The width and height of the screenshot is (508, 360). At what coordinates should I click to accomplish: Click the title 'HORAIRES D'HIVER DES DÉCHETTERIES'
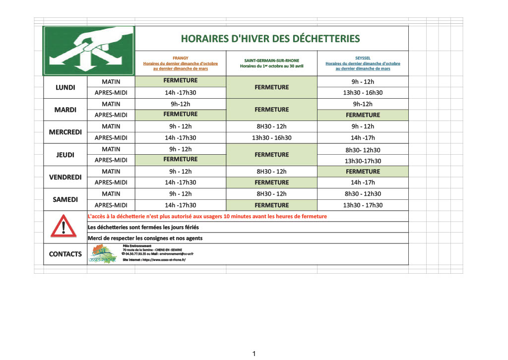(x=270, y=39)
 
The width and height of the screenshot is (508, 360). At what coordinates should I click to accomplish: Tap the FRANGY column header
(x=181, y=63)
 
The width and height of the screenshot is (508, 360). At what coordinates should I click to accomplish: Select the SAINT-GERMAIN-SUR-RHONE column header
(x=271, y=63)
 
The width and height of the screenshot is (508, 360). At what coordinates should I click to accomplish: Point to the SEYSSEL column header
(x=363, y=63)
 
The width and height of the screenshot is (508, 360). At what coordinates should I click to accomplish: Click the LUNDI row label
(x=65, y=87)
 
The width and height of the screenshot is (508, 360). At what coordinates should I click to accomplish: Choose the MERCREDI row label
(x=65, y=132)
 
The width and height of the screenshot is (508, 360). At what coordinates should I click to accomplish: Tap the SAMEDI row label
(x=65, y=199)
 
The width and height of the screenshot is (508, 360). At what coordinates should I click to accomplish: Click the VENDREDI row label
(x=65, y=177)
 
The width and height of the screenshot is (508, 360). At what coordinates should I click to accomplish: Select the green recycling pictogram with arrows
(x=89, y=50)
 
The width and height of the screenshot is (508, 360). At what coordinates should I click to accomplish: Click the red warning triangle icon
(x=63, y=227)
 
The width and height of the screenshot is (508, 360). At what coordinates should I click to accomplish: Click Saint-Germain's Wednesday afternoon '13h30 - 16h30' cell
(x=271, y=138)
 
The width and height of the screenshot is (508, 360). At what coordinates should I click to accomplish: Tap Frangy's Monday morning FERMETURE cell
(x=181, y=80)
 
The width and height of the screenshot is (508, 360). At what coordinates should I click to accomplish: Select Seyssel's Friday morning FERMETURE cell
(x=363, y=172)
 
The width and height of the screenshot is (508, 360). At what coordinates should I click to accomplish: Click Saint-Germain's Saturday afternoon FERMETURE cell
(x=271, y=205)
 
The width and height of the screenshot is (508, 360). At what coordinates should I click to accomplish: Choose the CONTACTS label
(x=65, y=254)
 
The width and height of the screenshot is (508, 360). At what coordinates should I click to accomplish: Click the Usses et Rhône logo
(x=102, y=254)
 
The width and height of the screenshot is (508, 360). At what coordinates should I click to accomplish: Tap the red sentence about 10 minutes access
(x=207, y=216)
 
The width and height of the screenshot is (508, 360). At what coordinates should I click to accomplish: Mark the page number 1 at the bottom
(x=254, y=354)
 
